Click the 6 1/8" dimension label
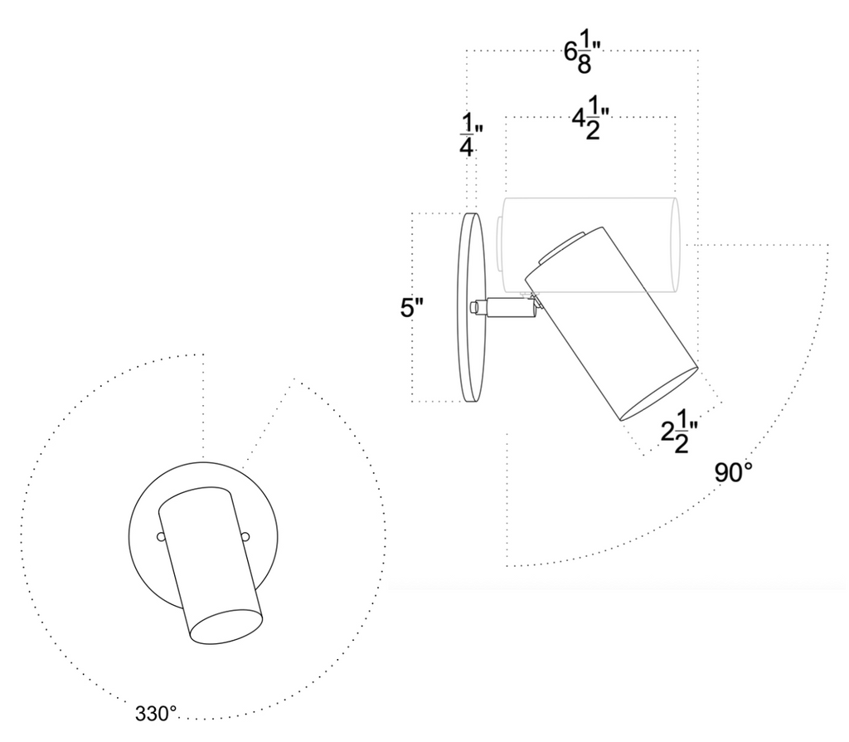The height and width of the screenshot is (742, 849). [x=579, y=57]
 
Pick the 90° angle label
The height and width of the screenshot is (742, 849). [x=734, y=472]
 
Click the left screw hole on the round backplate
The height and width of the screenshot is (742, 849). [x=161, y=537]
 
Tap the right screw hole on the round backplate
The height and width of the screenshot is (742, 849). [x=245, y=537]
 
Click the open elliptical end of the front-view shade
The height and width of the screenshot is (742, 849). [x=226, y=627]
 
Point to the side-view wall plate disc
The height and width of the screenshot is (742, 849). [x=471, y=307]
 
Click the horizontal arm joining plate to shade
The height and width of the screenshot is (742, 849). [x=509, y=307]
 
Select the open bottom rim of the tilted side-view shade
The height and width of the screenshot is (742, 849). [x=658, y=394]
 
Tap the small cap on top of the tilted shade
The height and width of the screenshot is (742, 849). [x=562, y=247]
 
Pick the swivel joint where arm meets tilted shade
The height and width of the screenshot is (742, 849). [x=536, y=304]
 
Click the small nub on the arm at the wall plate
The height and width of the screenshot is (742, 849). [x=475, y=308]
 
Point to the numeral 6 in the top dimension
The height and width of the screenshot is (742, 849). [x=570, y=52]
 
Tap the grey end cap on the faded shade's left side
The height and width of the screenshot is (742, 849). [x=498, y=245]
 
